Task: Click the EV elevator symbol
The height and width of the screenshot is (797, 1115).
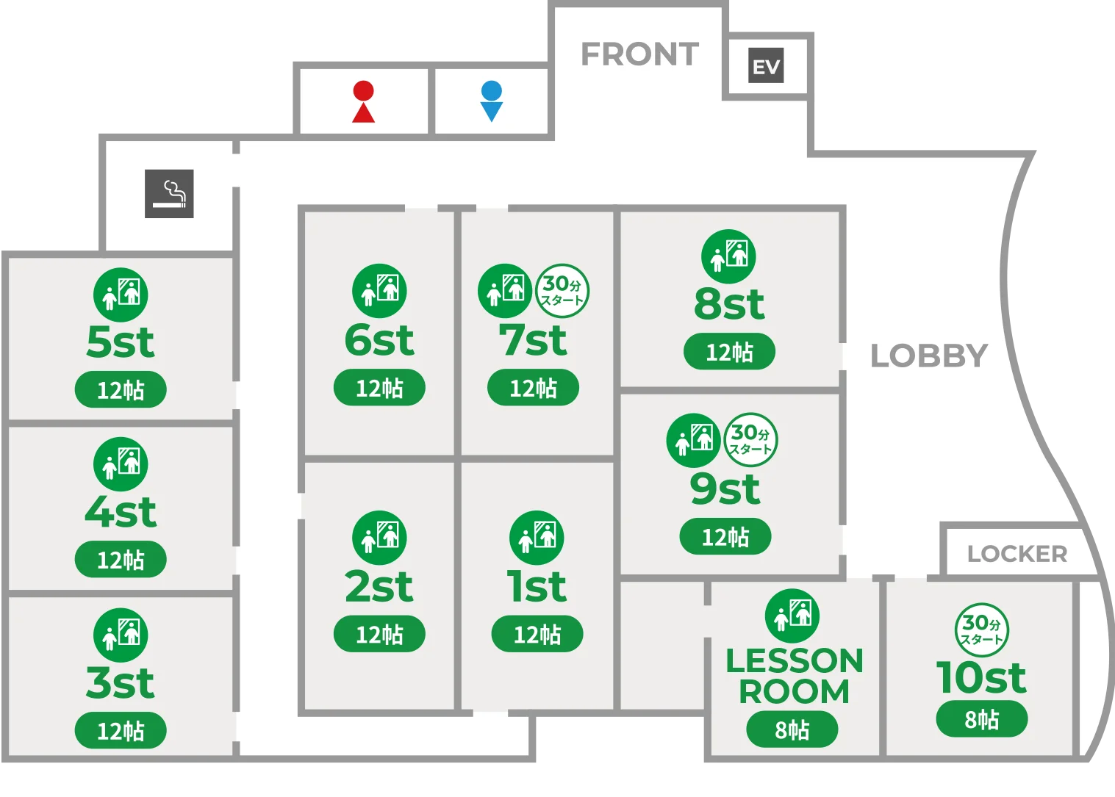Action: click(x=766, y=65)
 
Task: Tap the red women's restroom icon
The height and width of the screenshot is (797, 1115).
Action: click(x=363, y=101)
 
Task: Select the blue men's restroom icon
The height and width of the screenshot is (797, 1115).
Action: click(x=491, y=101)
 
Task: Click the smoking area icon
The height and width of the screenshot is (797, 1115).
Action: click(x=169, y=194)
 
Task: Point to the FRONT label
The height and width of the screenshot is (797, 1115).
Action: click(x=639, y=54)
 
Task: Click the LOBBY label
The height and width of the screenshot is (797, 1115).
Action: click(x=929, y=356)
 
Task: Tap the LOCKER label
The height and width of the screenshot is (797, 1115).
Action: click(x=1017, y=553)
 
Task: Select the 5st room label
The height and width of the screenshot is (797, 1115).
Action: click(x=121, y=342)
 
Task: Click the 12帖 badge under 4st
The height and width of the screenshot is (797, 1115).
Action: click(x=121, y=560)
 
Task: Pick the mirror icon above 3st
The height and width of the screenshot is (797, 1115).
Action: click(x=121, y=635)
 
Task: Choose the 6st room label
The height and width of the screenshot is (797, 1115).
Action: click(x=379, y=340)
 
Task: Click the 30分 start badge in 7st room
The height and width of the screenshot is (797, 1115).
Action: click(x=562, y=291)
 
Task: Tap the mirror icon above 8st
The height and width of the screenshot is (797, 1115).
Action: click(x=728, y=256)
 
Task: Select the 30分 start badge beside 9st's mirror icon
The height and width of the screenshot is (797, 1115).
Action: click(x=750, y=439)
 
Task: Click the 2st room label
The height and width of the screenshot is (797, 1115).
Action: click(x=379, y=586)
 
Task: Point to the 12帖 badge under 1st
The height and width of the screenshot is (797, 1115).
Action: click(x=537, y=634)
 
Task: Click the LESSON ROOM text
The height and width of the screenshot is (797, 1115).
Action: click(x=794, y=676)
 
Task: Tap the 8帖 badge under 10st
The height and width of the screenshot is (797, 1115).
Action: click(x=981, y=719)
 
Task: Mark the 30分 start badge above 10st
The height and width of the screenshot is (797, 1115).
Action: click(x=981, y=630)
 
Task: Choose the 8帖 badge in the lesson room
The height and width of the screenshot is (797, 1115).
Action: click(x=792, y=730)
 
